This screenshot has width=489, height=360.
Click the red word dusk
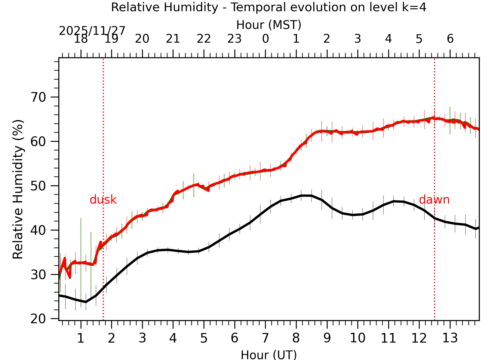[x=103, y=200]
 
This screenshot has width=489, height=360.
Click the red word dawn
[x=434, y=200]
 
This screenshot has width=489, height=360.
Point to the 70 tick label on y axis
[x=38, y=97]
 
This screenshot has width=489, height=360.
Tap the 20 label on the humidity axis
[x=38, y=319]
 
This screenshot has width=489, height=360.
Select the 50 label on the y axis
[x=38, y=186]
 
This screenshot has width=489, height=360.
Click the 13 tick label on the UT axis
[x=450, y=338]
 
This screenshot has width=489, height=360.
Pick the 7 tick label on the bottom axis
[x=265, y=338]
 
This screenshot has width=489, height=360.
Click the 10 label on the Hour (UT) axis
[x=357, y=338]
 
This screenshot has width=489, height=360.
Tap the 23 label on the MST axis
[x=234, y=39]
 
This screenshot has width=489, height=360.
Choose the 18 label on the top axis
[x=81, y=39]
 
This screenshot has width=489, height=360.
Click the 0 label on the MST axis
[x=265, y=39]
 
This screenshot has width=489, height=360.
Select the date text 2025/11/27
[x=92, y=31]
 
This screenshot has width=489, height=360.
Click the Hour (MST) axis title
[x=269, y=25]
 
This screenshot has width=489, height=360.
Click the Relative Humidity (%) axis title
[x=18, y=189]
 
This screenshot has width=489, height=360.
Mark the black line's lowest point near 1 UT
[x=86, y=302]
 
